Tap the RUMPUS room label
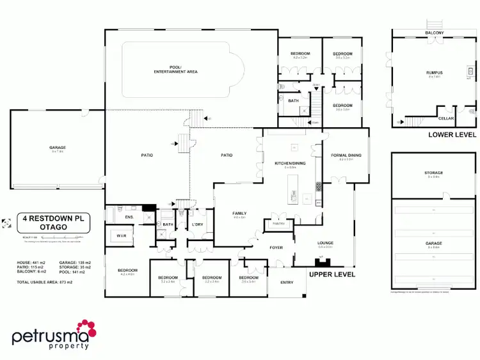tap(435, 74)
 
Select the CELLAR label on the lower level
tap(446, 118)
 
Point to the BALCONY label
tap(435, 33)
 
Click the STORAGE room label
tap(433, 173)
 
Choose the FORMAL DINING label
tap(346, 156)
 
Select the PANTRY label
tap(278, 224)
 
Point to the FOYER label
tap(275, 247)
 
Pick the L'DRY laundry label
tap(197, 224)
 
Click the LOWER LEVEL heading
tap(452, 135)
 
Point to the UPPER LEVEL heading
tap(332, 274)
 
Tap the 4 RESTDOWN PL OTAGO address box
tap(54, 222)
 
